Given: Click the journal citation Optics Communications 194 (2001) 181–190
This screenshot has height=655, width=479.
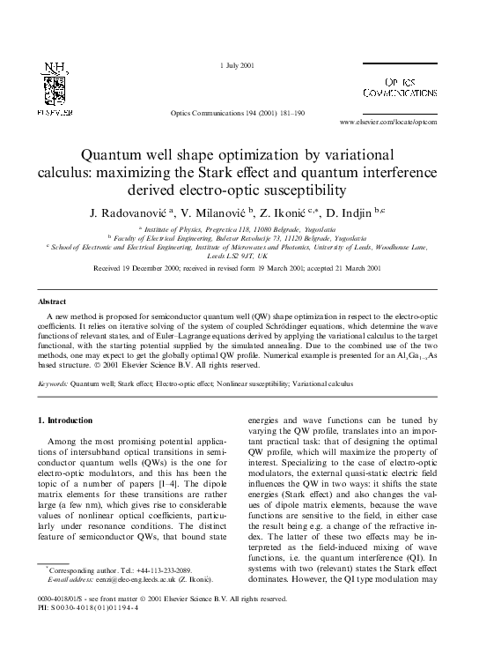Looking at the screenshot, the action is tap(239, 115).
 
